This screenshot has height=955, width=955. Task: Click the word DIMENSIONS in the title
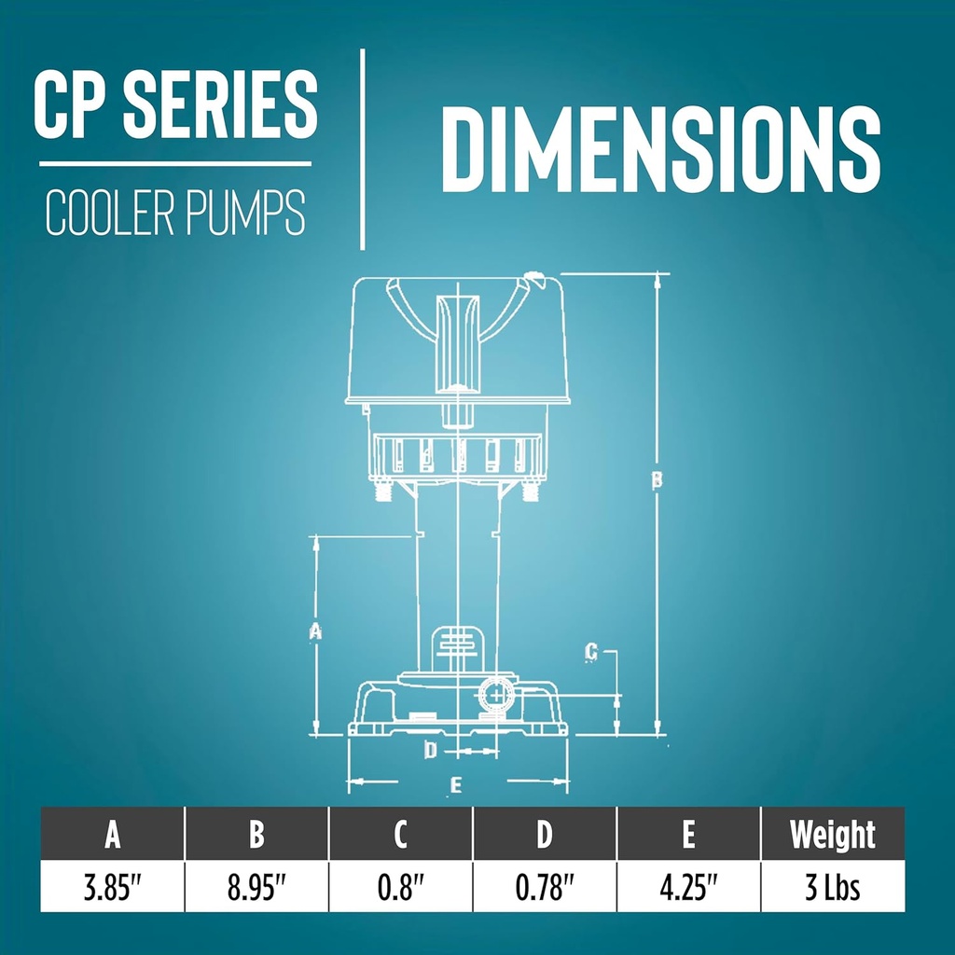tap(660, 149)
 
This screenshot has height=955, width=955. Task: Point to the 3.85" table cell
tap(112, 886)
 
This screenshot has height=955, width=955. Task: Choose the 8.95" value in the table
tap(256, 886)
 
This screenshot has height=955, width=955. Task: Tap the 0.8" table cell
tap(401, 886)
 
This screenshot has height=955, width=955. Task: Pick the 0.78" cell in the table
tap(545, 886)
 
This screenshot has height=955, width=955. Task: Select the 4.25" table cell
tap(688, 886)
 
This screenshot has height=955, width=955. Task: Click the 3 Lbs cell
tap(832, 886)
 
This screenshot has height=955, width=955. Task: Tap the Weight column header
tap(832, 835)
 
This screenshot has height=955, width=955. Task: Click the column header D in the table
tap(545, 835)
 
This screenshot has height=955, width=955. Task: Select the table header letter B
tap(256, 835)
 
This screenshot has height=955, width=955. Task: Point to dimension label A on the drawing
tap(315, 631)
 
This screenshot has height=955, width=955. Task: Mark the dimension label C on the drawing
tap(590, 653)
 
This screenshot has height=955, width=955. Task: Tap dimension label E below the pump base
tap(455, 786)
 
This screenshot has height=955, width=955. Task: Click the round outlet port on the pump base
tap(494, 696)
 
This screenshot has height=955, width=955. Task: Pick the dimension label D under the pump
tap(430, 750)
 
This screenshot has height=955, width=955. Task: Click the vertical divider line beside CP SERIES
tap(363, 149)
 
